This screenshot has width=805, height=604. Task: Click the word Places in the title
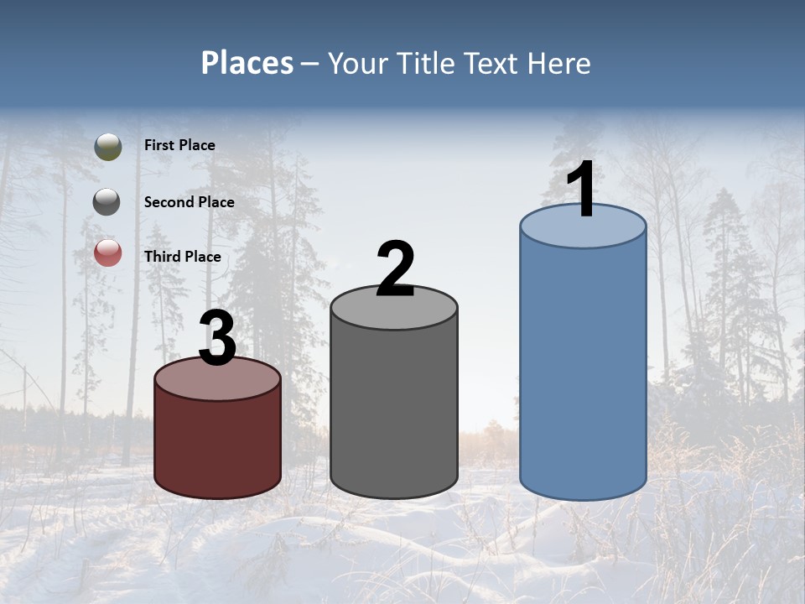coord(247,63)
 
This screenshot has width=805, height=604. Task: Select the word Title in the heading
coord(425,63)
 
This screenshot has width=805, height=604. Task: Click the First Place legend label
coord(179,145)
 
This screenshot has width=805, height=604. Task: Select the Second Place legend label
coord(189,202)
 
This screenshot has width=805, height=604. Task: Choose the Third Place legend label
coord(182,257)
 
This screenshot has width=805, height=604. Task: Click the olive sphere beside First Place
coord(108,147)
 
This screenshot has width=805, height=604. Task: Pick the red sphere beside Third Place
coord(108,253)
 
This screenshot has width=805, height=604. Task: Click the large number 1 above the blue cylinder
coord(581,190)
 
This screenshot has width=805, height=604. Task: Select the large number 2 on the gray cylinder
coord(395,269)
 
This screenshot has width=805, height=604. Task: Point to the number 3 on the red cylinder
coord(218,339)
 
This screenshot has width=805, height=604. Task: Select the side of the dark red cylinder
coord(218,445)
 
